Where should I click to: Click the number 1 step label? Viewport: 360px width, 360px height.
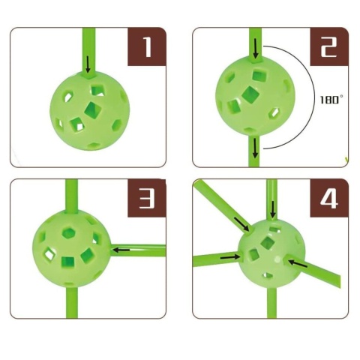tap(147, 46)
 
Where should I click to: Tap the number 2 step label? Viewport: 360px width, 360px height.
tap(329, 46)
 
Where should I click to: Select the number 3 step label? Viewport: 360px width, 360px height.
tap(147, 198)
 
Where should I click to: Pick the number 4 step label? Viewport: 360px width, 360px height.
tap(329, 198)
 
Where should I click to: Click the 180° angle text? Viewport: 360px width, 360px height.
tap(330, 100)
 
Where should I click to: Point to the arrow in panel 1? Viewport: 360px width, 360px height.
tap(88, 64)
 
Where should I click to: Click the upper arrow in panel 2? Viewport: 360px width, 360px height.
tap(256, 49)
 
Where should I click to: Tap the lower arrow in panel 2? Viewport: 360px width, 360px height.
tap(255, 148)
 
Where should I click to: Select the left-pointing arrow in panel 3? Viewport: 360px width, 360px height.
tap(121, 249)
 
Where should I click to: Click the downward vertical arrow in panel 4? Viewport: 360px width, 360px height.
tap(273, 209)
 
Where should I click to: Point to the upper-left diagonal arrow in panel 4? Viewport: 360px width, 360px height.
tap(241, 224)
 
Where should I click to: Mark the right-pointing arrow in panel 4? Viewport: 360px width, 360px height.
tap(230, 256)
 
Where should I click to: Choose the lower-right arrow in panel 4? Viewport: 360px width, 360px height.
tap(298, 264)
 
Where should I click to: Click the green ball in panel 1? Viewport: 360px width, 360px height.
tap(90, 111)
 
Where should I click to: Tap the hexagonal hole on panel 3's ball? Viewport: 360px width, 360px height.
tap(69, 233)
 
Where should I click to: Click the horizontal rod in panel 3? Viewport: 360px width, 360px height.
tap(137, 250)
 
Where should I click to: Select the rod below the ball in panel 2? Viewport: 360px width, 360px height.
tap(255, 151)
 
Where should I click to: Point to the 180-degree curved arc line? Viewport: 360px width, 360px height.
tap(313, 97)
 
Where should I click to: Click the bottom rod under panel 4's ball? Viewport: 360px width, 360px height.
tap(272, 302)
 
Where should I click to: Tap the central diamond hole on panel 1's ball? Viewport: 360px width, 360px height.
tap(93, 110)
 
